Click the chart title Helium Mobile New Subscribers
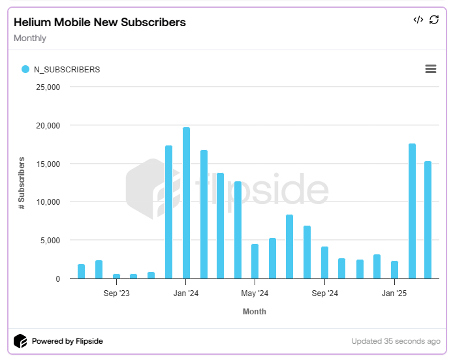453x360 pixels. (100, 22)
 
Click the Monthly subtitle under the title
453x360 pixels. (30, 38)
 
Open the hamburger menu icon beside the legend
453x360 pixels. (430, 69)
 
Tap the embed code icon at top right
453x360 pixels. (418, 20)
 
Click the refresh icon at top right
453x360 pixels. (434, 20)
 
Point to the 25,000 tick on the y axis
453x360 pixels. (47, 87)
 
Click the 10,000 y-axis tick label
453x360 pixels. (47, 202)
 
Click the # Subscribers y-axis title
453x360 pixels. (22, 183)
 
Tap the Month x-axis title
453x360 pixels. (254, 312)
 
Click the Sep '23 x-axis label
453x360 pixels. (116, 293)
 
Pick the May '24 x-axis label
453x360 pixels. (255, 293)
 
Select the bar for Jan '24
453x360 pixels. (186, 203)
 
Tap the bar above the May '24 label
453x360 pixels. (255, 261)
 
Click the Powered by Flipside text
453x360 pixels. (67, 341)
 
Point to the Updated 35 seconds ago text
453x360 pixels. (396, 341)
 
